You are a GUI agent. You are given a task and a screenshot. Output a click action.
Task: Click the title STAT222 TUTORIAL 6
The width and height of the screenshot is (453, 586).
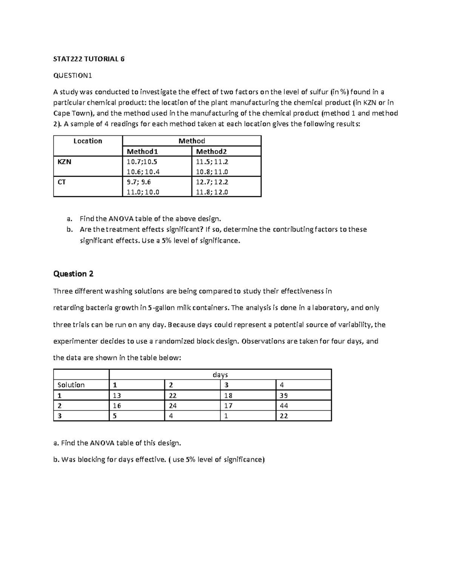(89, 59)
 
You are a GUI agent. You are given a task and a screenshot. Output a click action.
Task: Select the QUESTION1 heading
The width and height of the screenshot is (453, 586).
(72, 75)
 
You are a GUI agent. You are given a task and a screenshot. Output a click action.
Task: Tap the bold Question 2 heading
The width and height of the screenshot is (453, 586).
(73, 274)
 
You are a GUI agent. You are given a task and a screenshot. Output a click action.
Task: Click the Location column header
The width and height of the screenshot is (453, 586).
(88, 141)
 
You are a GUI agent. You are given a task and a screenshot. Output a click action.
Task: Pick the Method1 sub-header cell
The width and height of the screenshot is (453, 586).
(142, 152)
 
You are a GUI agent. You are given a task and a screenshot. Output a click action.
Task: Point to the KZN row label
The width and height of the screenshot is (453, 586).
(64, 162)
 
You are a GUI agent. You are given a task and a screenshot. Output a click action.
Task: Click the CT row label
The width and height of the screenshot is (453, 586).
(62, 182)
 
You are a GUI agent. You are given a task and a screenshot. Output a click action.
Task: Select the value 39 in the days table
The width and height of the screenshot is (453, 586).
(284, 395)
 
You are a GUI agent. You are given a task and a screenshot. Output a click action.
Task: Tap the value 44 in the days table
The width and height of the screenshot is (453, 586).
(284, 406)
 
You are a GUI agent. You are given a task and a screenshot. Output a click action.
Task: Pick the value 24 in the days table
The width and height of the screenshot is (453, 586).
(173, 406)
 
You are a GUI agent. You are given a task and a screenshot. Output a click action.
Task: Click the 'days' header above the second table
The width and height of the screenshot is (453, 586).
(220, 375)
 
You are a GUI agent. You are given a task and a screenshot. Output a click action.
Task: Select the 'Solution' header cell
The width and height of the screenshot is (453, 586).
(71, 385)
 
